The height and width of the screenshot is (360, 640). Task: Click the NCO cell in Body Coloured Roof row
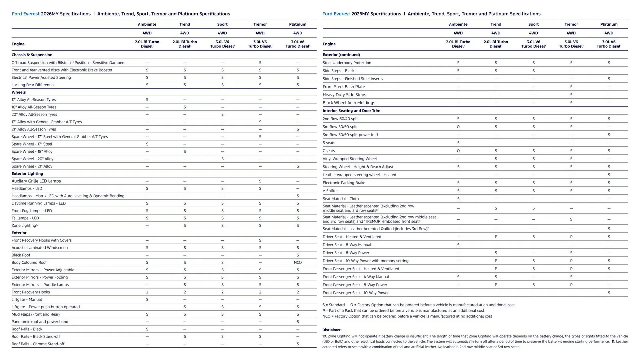297,263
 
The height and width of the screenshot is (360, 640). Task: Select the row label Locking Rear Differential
33,85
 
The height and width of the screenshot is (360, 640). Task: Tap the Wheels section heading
19,92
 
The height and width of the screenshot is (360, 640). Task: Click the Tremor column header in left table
260,24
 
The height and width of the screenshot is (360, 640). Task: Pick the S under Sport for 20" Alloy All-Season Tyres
222,115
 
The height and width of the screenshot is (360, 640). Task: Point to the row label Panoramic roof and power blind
40,322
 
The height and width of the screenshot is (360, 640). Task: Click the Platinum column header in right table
609,24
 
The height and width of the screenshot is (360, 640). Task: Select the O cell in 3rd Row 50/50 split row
458,127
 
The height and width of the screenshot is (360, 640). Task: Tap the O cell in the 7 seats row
458,151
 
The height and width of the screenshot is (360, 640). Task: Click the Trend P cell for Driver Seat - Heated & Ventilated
496,237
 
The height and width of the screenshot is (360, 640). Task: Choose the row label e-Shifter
330,191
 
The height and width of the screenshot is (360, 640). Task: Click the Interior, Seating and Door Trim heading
351,111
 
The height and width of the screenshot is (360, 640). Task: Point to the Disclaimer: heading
332,330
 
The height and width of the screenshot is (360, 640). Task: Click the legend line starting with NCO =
407,316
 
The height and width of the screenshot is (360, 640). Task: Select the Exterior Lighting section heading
27,174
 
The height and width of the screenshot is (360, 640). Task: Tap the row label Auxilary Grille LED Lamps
36,181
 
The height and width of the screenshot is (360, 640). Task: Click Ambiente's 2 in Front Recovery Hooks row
147,292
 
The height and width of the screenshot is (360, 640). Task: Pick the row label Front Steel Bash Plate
344,87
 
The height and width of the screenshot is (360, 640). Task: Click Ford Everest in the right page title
336,14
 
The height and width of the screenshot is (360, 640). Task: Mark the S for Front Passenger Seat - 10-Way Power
609,293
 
